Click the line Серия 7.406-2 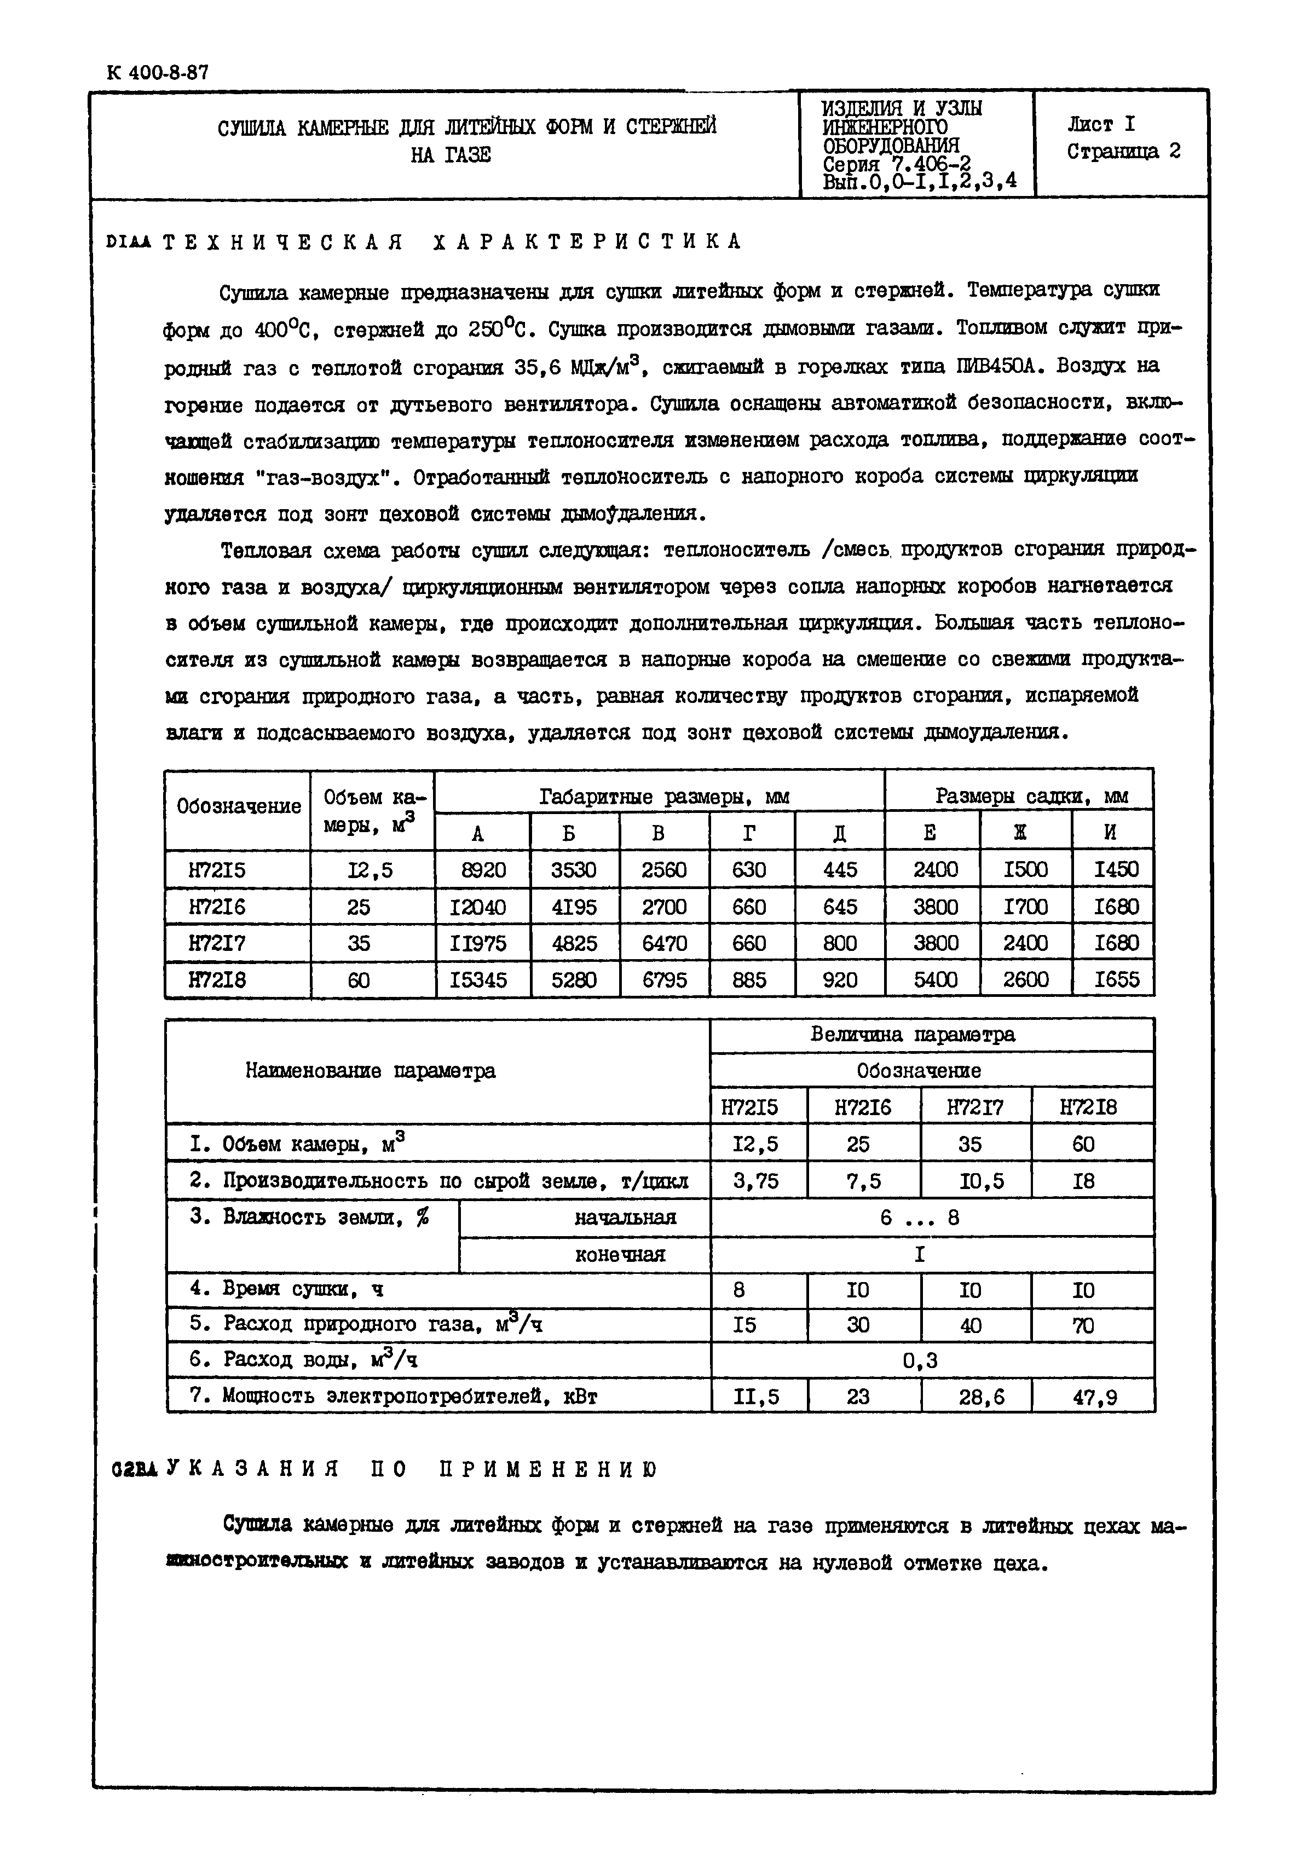[896, 164]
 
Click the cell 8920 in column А [483, 869]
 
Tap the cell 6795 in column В [665, 979]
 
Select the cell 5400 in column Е [935, 979]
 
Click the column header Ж [1026, 832]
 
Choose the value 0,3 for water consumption [920, 1360]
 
